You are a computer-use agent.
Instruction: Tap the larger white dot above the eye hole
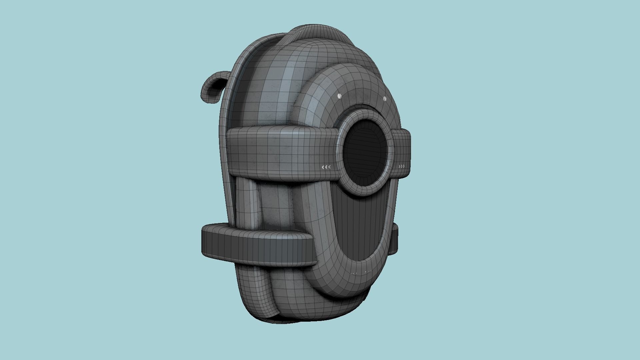coord(339,96)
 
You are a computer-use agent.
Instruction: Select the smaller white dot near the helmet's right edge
coord(384,99)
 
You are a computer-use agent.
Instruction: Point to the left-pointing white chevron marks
coord(326,167)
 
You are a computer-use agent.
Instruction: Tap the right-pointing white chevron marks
coord(402,166)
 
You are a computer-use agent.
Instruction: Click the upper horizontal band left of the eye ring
coord(280,152)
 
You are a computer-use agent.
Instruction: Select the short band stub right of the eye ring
coord(402,153)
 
